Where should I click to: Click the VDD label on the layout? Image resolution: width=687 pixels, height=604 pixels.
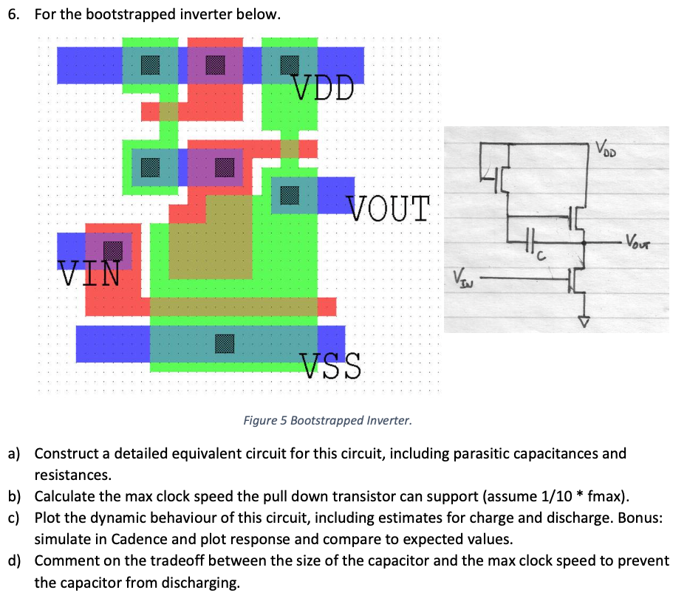point(324,87)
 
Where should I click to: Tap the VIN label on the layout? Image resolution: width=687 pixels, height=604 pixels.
point(89,274)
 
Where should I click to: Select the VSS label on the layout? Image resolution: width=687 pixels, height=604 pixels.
point(332,366)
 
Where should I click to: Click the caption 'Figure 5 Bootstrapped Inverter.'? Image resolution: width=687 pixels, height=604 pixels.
point(327,421)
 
